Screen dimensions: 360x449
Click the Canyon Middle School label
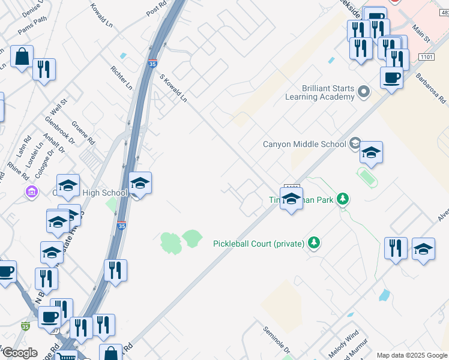pos(305,144)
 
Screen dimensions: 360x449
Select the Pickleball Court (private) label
pos(259,244)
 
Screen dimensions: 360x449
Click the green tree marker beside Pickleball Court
pos(313,242)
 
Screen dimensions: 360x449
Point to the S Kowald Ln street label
pos(173,88)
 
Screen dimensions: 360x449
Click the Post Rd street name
pos(155,9)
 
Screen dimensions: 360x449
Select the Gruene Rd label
pos(83,131)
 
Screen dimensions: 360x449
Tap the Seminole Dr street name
pos(276,340)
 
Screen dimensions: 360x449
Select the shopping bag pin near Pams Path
pos(22,57)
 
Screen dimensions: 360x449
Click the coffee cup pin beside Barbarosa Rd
pos(391,77)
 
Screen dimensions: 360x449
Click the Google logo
pos(19,353)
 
